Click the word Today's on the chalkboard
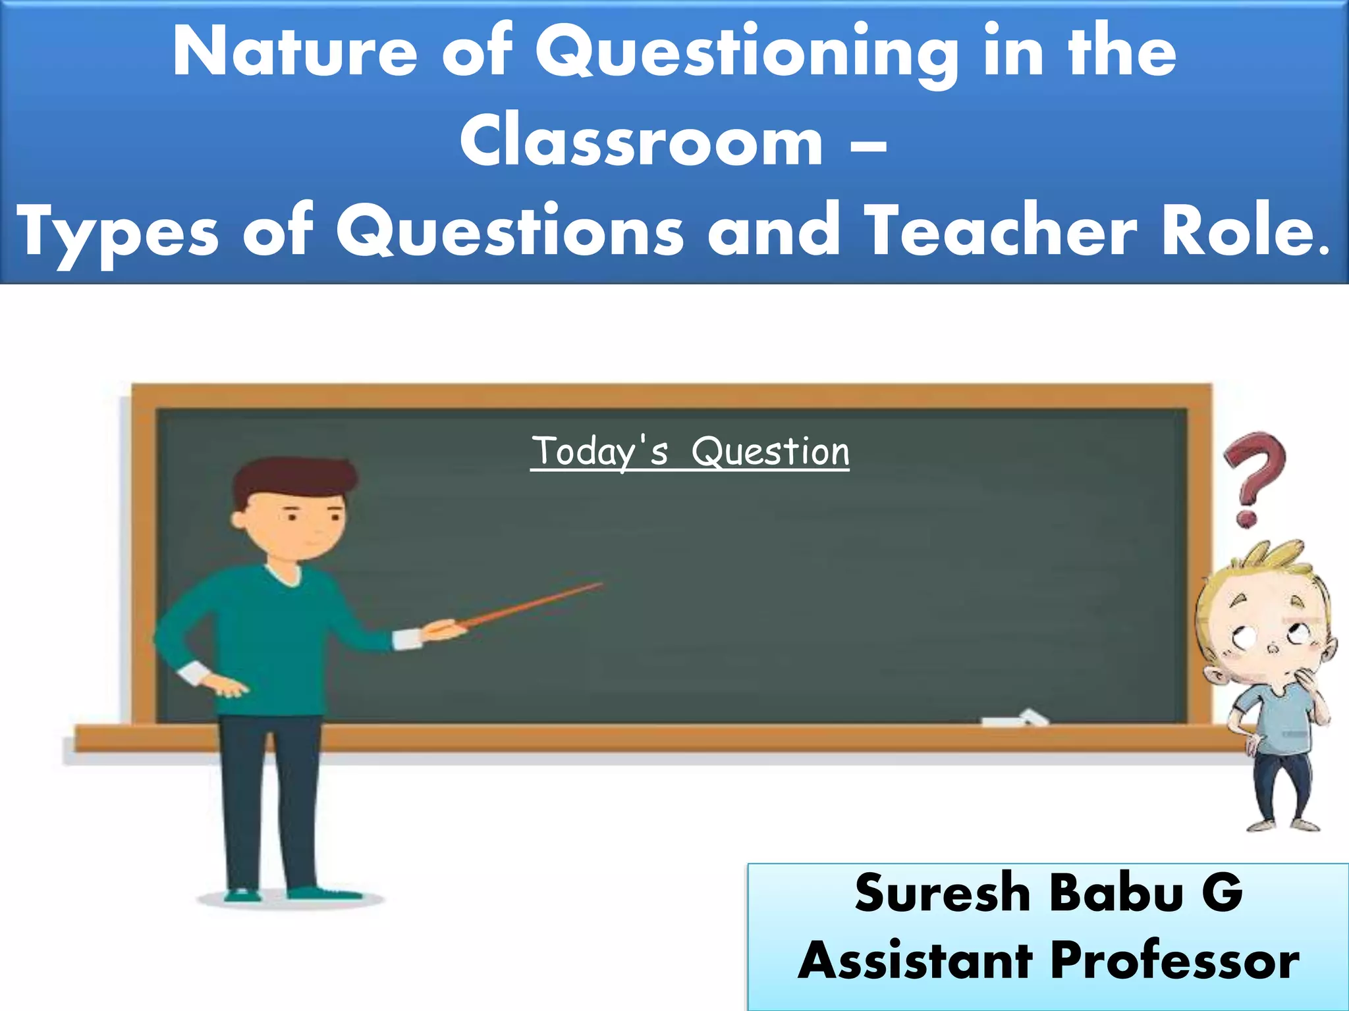coord(600,452)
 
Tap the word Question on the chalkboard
coord(770,452)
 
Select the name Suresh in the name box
coord(942,893)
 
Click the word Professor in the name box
coord(1175,961)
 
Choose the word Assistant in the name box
coord(916,961)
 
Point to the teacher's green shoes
coord(323,893)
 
